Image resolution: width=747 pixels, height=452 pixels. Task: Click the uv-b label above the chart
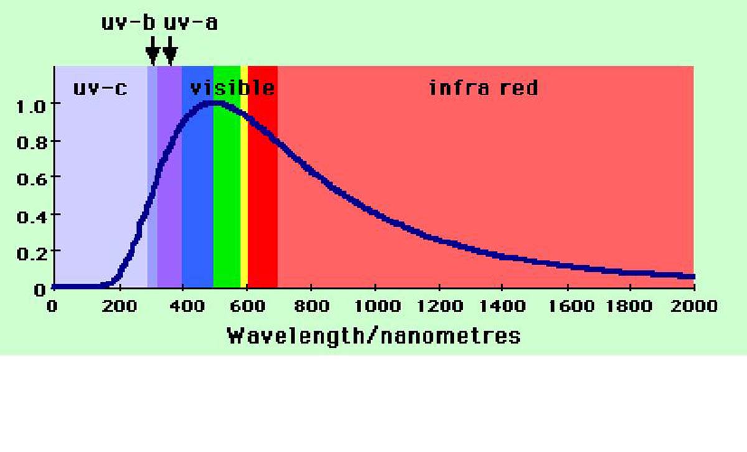coord(128,23)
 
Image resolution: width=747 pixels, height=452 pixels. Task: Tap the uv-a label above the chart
coord(190,23)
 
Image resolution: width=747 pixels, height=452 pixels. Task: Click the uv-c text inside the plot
coord(100,88)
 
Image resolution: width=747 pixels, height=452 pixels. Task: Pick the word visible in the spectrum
coord(232,88)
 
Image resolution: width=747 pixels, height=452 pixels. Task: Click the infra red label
coord(483,88)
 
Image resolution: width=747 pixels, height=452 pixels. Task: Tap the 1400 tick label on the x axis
coord(502,306)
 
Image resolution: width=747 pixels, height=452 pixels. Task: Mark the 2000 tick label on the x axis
coord(694,306)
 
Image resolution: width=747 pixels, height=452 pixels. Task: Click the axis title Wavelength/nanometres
coord(374,336)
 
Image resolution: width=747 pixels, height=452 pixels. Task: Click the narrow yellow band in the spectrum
coord(244,187)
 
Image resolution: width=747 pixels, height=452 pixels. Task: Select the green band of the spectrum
coord(227,187)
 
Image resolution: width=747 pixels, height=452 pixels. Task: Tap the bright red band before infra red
coord(263,187)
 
